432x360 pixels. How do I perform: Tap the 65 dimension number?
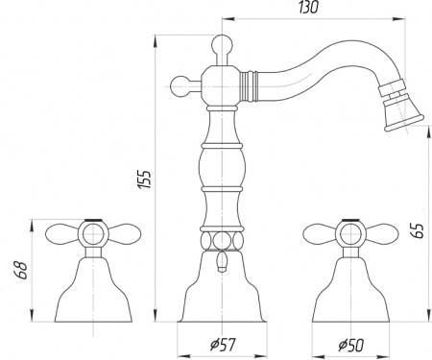click(414, 230)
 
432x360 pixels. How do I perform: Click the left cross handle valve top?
click(91, 233)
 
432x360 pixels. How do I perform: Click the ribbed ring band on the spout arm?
click(254, 84)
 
